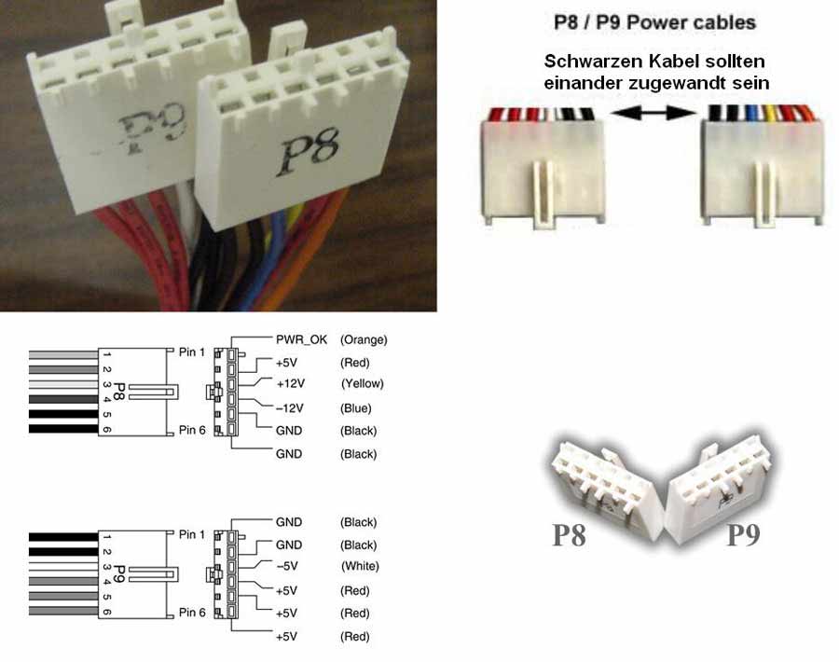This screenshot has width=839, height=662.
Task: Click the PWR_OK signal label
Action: coord(301,339)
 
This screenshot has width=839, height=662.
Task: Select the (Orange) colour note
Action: coord(364,339)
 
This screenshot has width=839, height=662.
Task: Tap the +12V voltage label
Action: coord(291,384)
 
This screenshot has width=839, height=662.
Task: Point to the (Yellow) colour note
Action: coord(363,384)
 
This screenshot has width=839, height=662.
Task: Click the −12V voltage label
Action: coord(290,408)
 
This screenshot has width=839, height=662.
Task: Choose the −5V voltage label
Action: coord(288,566)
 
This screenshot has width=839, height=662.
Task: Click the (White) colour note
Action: coord(360,566)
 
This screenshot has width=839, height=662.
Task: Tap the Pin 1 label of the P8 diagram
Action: coord(191,352)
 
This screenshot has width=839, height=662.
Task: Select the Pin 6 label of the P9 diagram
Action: coord(191,613)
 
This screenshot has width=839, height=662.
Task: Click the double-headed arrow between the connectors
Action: coord(653,113)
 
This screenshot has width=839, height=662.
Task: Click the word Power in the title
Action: coord(656,22)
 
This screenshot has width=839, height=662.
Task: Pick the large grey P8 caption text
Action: coord(569,534)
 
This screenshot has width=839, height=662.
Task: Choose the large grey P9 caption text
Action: coord(743,534)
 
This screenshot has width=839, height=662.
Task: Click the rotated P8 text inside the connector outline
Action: coord(118,392)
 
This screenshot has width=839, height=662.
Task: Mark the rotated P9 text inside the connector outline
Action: coord(118,573)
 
